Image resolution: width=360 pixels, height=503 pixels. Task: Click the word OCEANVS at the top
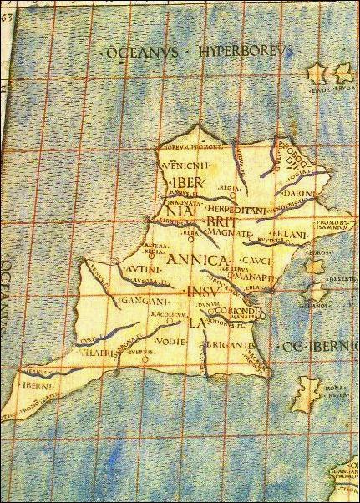(143, 53)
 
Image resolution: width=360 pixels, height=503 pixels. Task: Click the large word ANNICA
(198, 260)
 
